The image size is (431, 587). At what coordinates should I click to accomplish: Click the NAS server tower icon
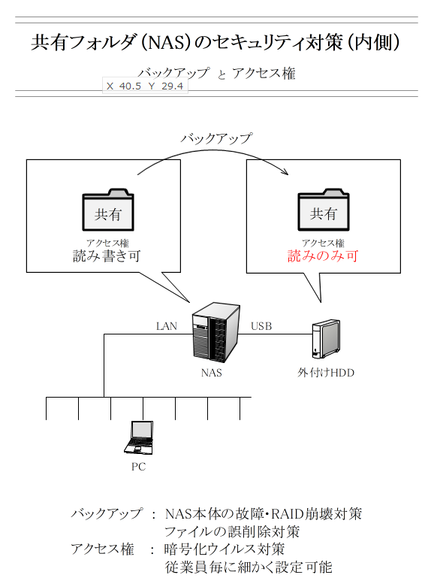point(215,332)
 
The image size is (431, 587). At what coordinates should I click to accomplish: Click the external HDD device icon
point(326,339)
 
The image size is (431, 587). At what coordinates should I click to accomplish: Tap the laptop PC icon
point(139,437)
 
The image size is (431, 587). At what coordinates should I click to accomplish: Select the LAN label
point(167,326)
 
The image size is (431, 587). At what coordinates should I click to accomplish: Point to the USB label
point(261,326)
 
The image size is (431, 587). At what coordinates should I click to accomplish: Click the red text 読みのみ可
point(323,256)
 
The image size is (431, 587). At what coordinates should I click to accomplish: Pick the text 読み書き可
point(107,256)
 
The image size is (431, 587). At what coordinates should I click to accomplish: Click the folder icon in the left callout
point(108,210)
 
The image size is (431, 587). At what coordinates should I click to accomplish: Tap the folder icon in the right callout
point(324,210)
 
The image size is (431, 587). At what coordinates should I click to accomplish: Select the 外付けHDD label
point(326,373)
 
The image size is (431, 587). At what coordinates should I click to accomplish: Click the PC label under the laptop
point(138,467)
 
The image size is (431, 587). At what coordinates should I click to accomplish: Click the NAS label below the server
point(212,373)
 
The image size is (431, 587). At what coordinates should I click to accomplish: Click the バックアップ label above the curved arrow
point(216,139)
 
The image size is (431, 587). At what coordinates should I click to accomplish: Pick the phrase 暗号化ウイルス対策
point(225,549)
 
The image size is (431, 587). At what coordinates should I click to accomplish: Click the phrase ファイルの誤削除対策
point(232,531)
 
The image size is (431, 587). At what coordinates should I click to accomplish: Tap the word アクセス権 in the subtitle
point(264,74)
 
